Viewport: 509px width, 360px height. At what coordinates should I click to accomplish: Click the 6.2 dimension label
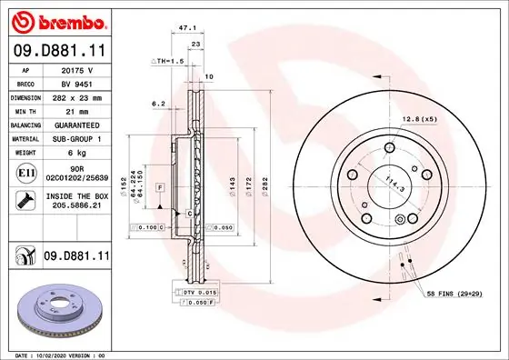tap(159, 103)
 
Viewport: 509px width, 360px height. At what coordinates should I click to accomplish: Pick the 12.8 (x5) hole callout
tap(418, 120)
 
